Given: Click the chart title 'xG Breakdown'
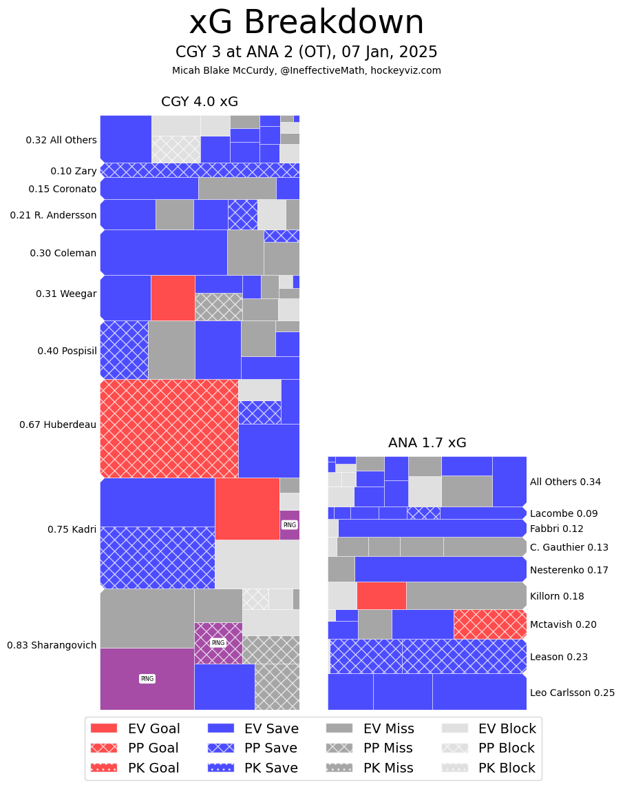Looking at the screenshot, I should [x=306, y=23].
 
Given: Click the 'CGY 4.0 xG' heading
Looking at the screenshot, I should [x=200, y=102].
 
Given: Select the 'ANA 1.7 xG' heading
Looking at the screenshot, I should [x=427, y=443].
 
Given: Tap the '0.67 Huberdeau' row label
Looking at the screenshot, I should [x=58, y=425].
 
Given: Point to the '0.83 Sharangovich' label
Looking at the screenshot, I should [x=52, y=645].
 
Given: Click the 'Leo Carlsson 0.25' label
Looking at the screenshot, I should [x=572, y=693].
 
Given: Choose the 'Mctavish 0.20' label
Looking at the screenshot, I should [x=563, y=624].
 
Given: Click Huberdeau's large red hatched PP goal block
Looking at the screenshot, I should [x=169, y=429].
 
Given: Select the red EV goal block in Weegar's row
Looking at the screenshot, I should [x=173, y=298].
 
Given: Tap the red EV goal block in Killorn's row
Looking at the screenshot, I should [x=381, y=595].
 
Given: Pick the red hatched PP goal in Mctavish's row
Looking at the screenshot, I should [x=490, y=624].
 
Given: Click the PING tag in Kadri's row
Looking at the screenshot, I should [x=289, y=524].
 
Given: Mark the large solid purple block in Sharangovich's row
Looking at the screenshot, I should [x=147, y=679].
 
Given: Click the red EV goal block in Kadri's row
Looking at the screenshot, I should [x=247, y=509].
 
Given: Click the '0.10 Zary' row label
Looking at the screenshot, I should [x=74, y=171].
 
